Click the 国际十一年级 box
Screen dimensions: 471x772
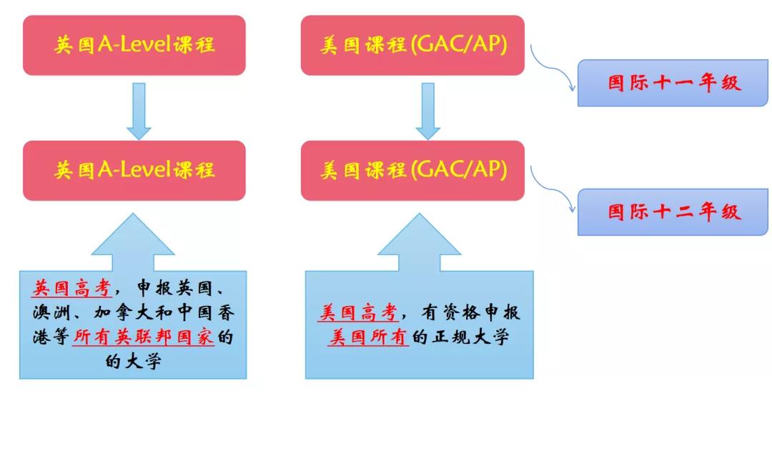pos(672,83)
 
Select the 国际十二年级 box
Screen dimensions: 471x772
pos(672,212)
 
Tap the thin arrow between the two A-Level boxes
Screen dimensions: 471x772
pos(139,111)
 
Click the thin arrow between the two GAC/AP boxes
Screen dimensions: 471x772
pos(427,111)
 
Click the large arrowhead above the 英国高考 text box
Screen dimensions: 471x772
pos(133,236)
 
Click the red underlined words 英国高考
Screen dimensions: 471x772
pos(71,289)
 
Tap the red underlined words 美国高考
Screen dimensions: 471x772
pos(357,312)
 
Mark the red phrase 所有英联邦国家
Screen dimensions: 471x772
pos(144,337)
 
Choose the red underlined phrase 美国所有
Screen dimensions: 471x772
pos(368,337)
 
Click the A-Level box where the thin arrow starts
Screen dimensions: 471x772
pos(134,45)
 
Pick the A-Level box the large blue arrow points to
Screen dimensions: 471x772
pos(134,170)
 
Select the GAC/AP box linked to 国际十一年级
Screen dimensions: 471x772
pos(412,45)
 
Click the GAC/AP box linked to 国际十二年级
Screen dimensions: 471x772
pos(412,170)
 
